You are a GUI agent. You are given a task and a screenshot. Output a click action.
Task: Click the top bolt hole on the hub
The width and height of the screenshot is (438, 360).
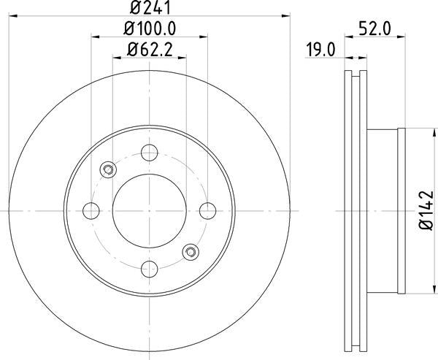[150, 153]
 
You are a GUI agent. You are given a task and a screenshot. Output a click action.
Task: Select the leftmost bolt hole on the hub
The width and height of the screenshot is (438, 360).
[92, 210]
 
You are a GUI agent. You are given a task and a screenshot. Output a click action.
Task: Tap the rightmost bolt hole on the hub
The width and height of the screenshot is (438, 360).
[207, 210]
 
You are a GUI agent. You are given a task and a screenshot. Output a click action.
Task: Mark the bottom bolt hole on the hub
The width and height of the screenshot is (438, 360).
[150, 268]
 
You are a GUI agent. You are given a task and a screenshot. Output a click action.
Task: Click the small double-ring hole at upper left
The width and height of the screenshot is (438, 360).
[108, 170]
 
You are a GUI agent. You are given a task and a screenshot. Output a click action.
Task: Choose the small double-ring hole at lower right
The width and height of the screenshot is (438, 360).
[191, 251]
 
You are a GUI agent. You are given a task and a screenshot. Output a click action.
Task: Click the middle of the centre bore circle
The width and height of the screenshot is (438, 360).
[150, 210]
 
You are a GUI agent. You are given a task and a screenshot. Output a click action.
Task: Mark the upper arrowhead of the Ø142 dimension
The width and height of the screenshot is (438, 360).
[426, 132]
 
